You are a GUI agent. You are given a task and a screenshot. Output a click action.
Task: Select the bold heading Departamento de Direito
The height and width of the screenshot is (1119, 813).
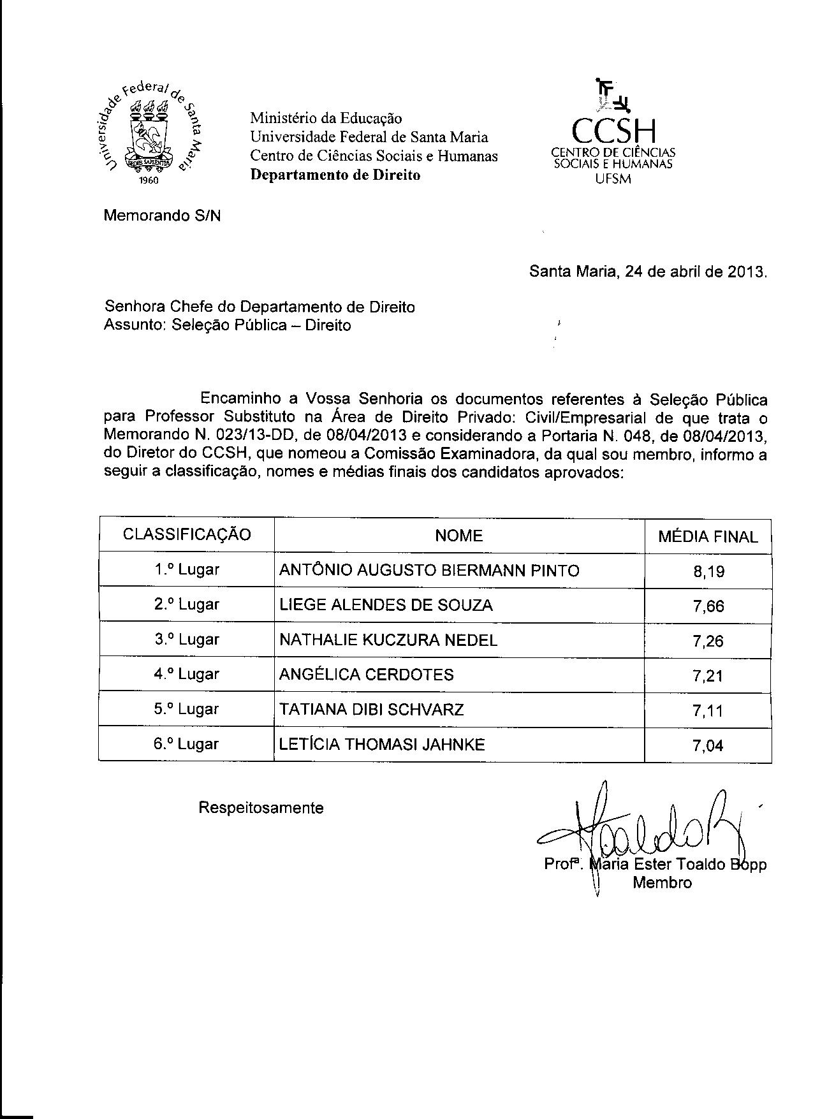point(335,175)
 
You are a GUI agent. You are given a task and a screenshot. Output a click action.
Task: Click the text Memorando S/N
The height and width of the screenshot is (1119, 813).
point(162,216)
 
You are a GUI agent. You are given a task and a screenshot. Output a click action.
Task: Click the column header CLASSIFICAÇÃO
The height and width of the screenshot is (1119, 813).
point(187,535)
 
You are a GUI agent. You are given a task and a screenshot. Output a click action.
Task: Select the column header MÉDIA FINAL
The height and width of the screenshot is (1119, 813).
point(708,537)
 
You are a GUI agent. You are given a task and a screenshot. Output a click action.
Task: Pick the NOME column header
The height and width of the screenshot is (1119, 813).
point(458,536)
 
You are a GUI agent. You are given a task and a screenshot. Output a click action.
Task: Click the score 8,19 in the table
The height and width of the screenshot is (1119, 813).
point(708,571)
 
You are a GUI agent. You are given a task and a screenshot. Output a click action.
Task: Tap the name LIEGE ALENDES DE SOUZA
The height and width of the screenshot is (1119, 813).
point(386,605)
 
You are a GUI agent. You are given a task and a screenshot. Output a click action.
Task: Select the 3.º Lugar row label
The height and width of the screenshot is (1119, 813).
point(187,640)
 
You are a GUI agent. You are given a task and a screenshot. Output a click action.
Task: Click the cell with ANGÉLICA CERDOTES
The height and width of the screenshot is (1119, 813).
point(367,675)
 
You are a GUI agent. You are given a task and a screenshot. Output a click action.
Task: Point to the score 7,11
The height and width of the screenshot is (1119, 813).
point(708,710)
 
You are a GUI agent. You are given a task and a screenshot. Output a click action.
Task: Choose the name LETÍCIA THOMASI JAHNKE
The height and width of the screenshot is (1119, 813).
point(382,744)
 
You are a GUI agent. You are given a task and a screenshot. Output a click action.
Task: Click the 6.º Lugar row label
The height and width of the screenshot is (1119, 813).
point(186,744)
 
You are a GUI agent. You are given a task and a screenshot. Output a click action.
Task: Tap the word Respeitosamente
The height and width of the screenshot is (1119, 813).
point(261,808)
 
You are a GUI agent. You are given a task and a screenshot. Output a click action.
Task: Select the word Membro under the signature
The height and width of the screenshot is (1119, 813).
point(662,882)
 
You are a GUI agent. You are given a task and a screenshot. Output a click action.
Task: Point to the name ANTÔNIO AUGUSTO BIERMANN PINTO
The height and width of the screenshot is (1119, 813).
point(429,570)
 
